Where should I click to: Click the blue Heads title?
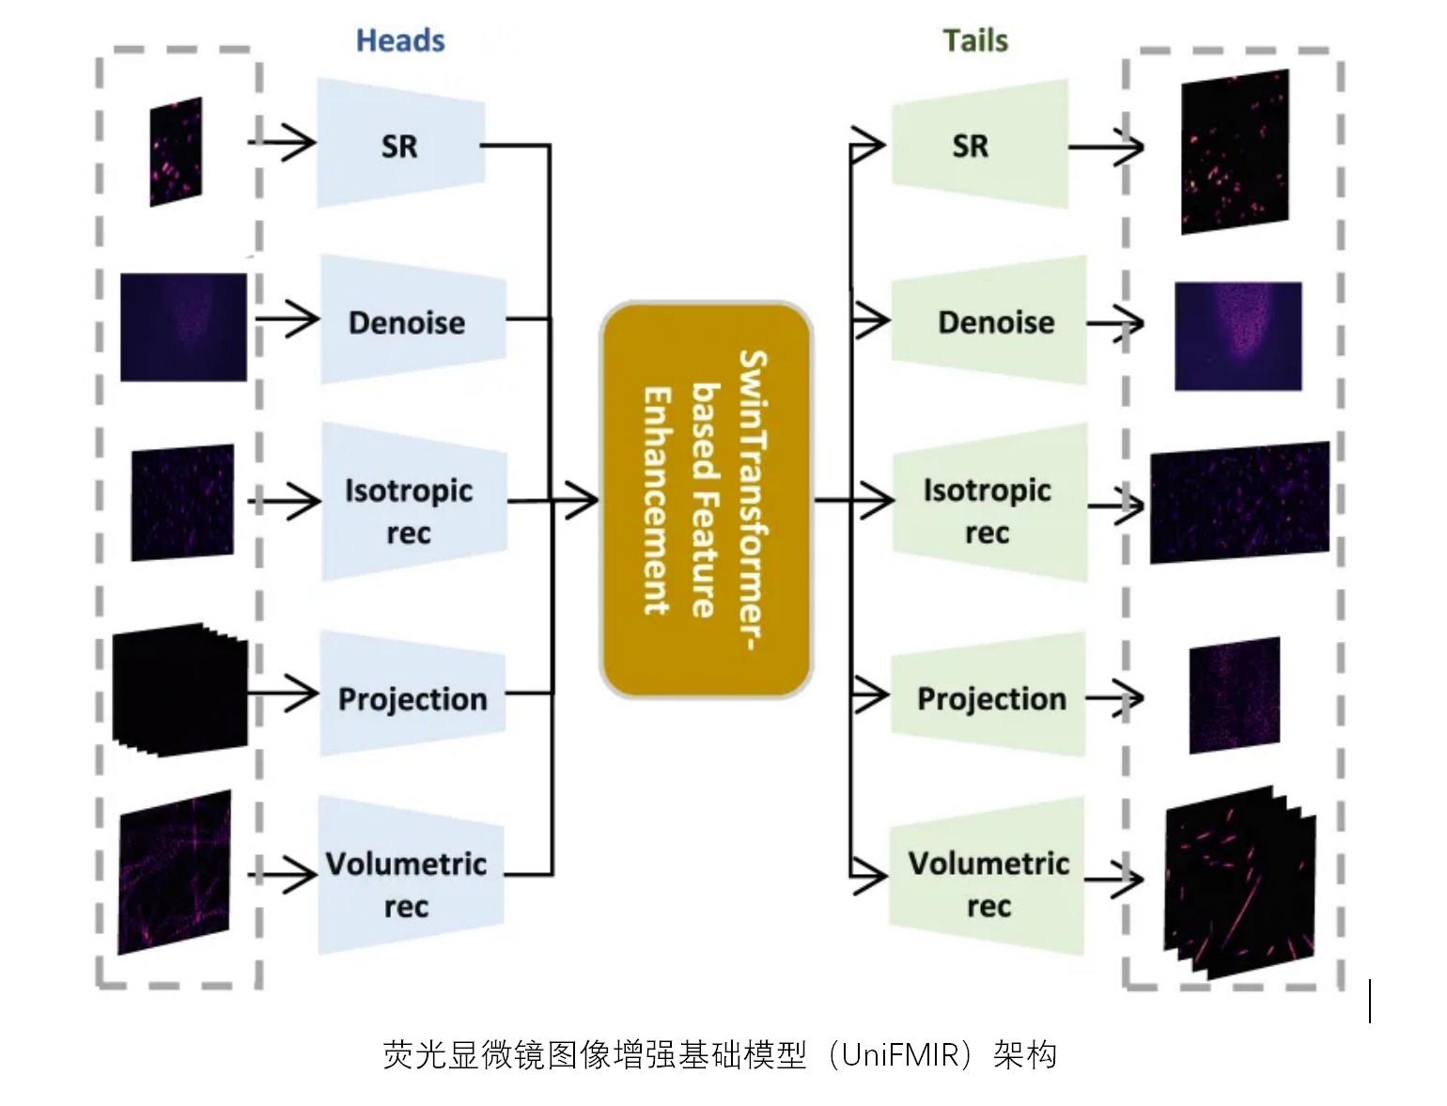(x=400, y=40)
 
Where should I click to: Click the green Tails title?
(x=975, y=40)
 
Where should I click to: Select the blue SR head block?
(x=401, y=145)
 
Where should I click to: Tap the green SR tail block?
(x=978, y=145)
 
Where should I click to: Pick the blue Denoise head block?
(x=412, y=320)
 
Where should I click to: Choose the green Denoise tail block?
(x=989, y=320)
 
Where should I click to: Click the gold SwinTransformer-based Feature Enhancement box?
(x=706, y=499)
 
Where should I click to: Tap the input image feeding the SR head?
(x=176, y=151)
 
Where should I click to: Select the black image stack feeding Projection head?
(x=179, y=689)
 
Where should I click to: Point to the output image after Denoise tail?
(x=1237, y=335)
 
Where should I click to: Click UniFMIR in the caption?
(x=906, y=1055)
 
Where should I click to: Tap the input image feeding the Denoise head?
(x=183, y=327)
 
